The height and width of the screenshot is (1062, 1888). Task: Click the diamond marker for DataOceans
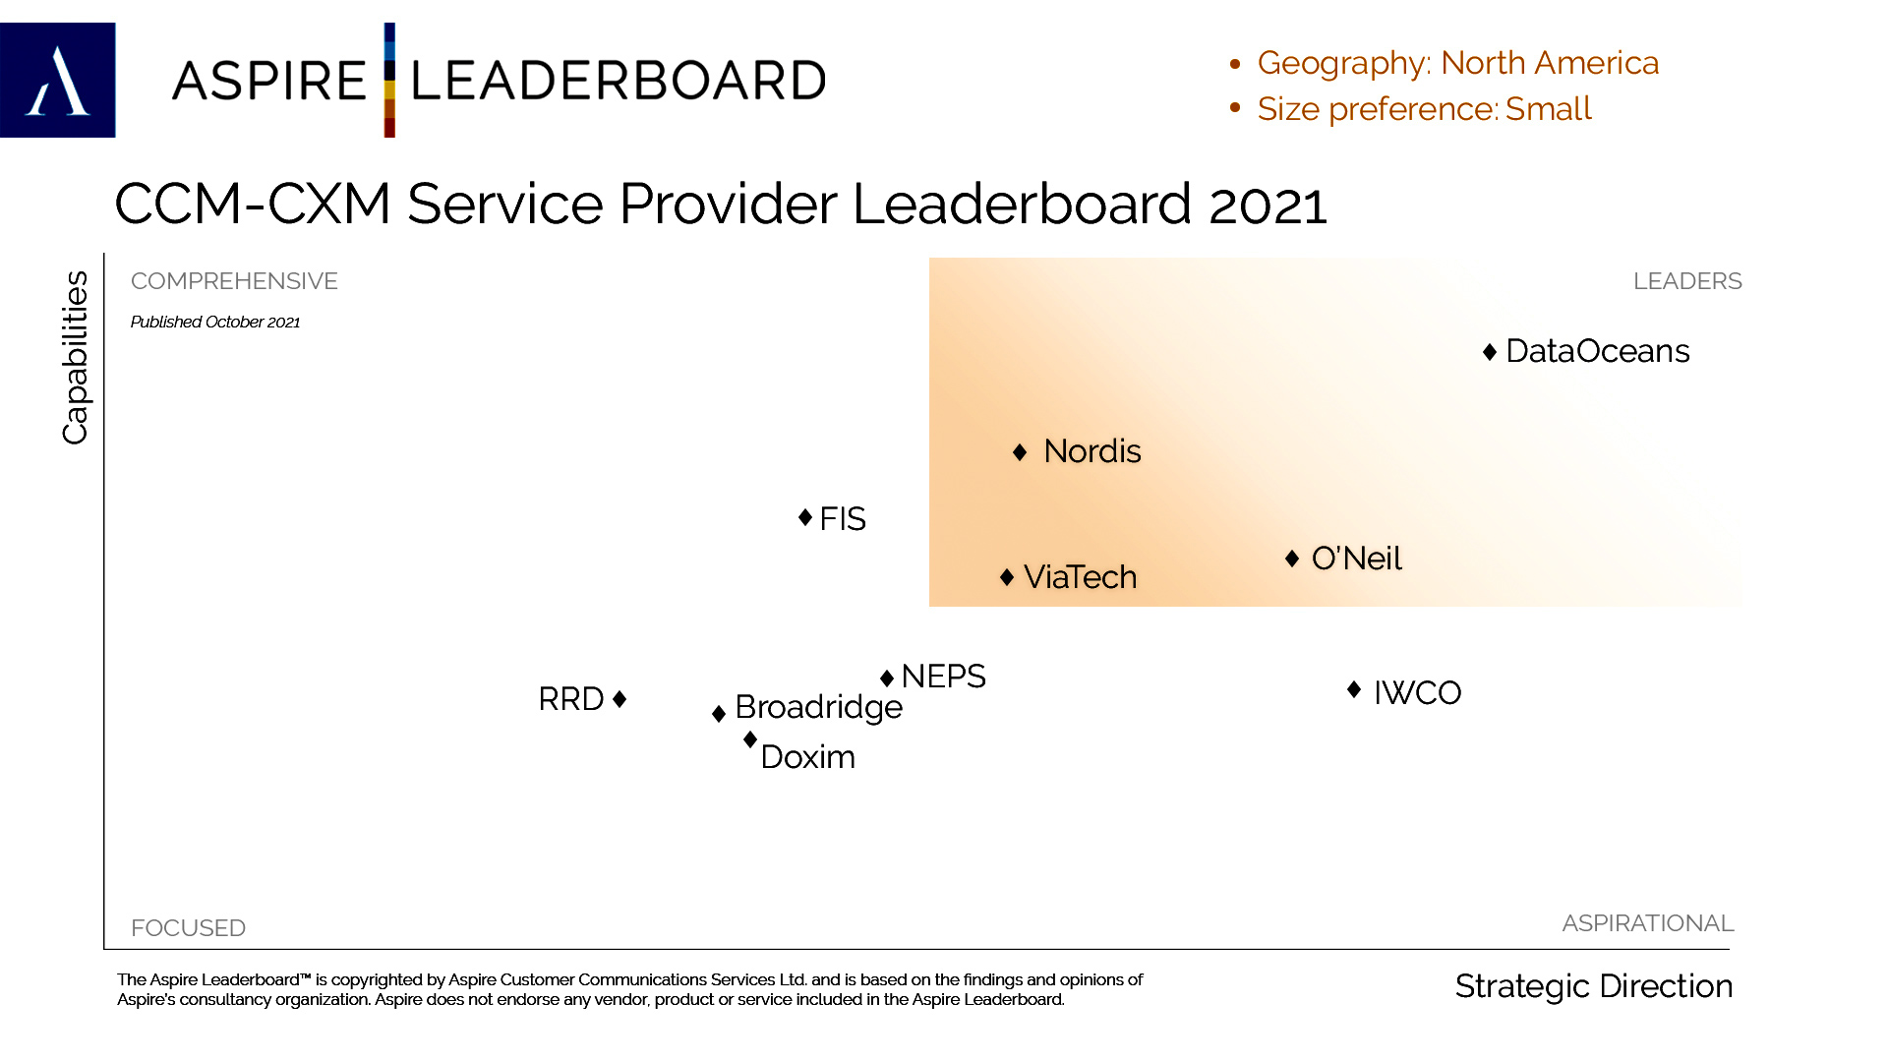pyautogui.click(x=1490, y=352)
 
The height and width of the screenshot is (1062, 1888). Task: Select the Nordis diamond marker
pyautogui.click(x=1020, y=452)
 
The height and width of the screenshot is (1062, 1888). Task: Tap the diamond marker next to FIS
pyautogui.click(x=805, y=517)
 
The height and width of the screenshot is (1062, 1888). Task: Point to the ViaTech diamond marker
pyautogui.click(x=1007, y=577)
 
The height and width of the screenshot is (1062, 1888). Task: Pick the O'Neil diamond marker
pyautogui.click(x=1292, y=559)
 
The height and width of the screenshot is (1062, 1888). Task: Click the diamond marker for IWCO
pyautogui.click(x=1354, y=690)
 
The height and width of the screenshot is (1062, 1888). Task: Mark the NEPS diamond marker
pyautogui.click(x=887, y=678)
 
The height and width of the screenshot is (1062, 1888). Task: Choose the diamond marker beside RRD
pyautogui.click(x=619, y=699)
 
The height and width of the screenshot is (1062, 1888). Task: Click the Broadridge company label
pyautogui.click(x=818, y=707)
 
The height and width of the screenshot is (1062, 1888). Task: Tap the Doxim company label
pyautogui.click(x=807, y=757)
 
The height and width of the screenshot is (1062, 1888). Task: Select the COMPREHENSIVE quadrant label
pyautogui.click(x=234, y=281)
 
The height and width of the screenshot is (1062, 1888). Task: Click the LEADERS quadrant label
pyautogui.click(x=1686, y=281)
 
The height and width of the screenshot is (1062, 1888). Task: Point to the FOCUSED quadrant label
pyautogui.click(x=188, y=928)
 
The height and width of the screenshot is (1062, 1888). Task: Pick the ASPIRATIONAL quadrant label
pyautogui.click(x=1647, y=923)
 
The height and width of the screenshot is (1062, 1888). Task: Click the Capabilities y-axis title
pyautogui.click(x=76, y=357)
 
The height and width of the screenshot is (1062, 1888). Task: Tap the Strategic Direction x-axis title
pyautogui.click(x=1593, y=986)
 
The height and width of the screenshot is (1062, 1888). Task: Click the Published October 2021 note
pyautogui.click(x=215, y=323)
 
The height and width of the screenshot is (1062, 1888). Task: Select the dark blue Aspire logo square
pyautogui.click(x=58, y=81)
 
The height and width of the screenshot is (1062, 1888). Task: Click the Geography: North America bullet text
pyautogui.click(x=1457, y=63)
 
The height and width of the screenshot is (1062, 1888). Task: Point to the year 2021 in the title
pyautogui.click(x=1268, y=205)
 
